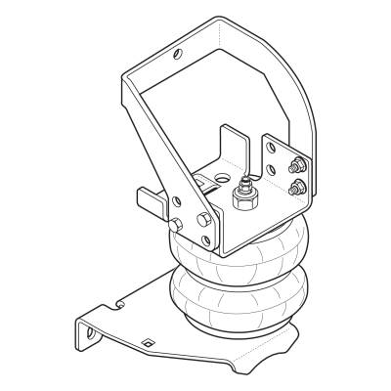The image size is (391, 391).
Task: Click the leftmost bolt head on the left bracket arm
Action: (x=174, y=226)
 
